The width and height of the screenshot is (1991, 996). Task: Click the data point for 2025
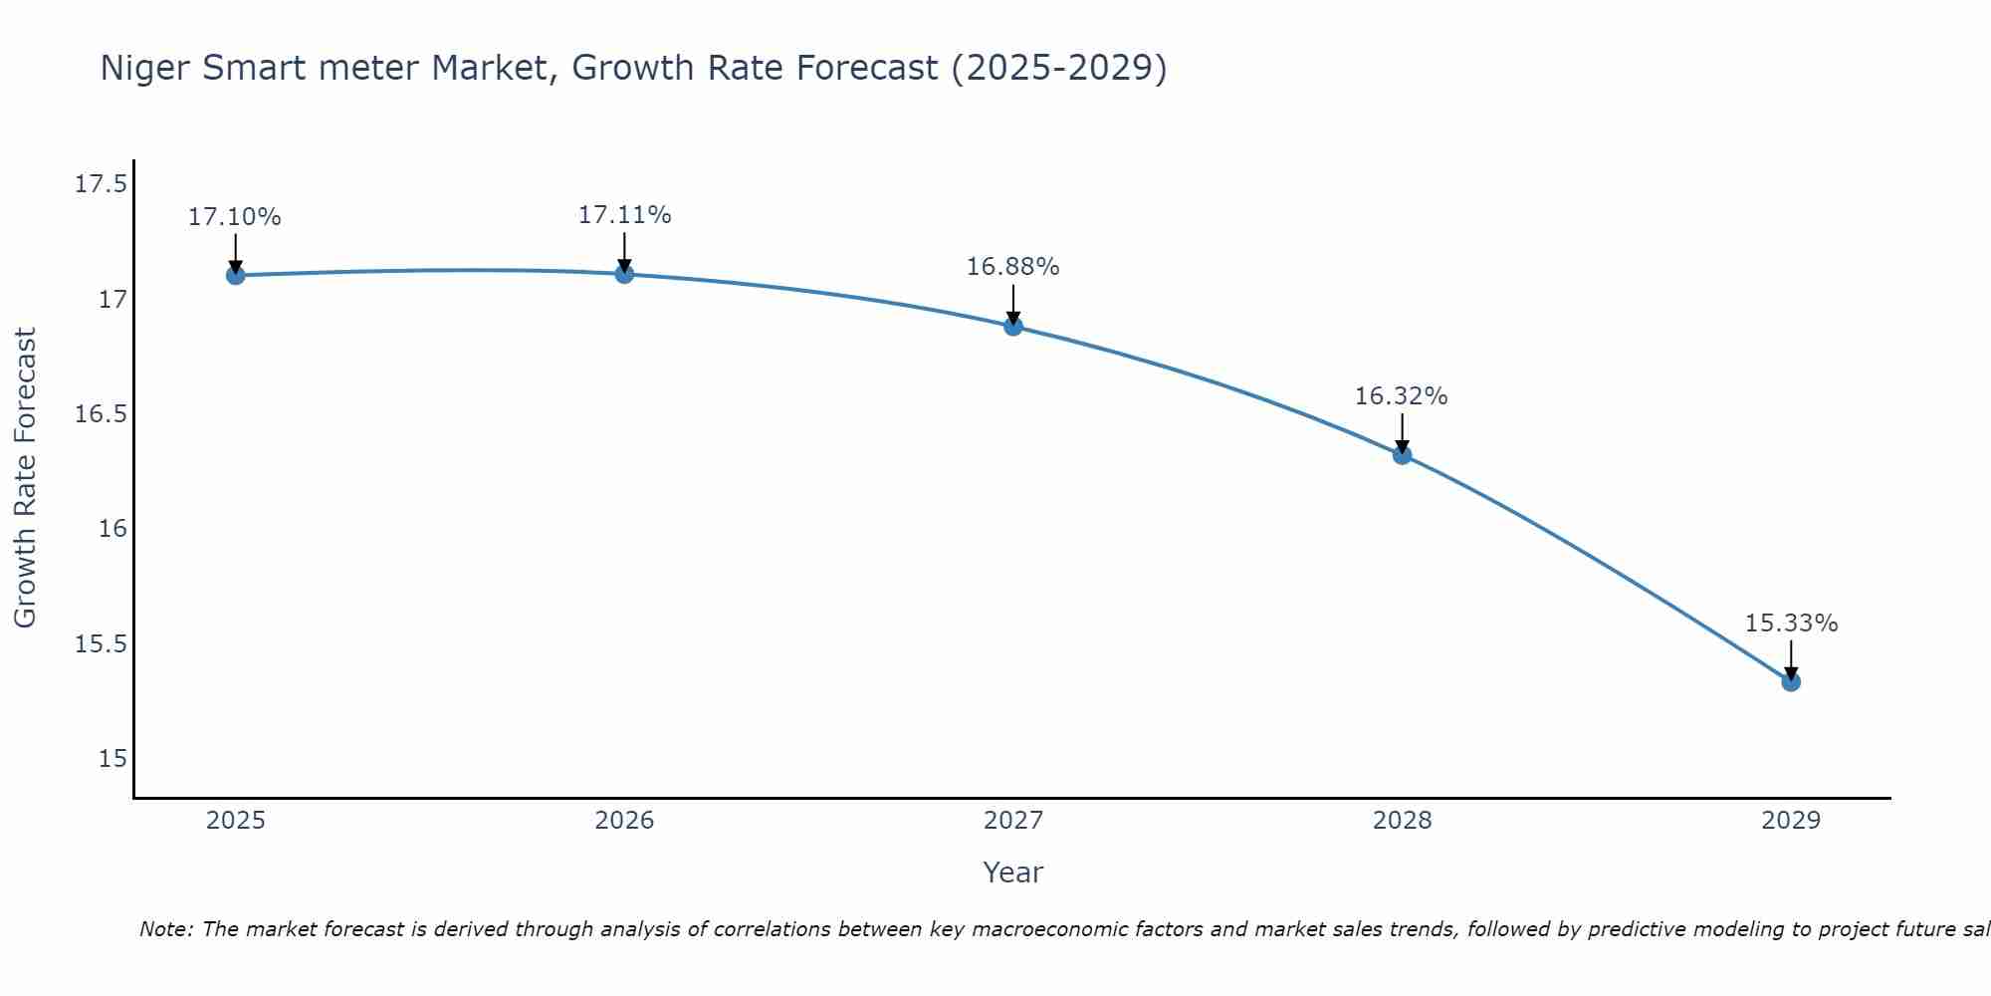[236, 275]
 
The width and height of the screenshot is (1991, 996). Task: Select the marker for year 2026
[624, 274]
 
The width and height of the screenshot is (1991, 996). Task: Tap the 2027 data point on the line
[1013, 326]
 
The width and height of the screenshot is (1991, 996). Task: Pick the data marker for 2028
[1402, 455]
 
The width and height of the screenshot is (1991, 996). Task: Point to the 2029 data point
[1791, 681]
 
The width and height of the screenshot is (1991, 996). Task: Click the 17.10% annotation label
[235, 217]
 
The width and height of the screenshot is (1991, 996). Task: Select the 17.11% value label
[624, 215]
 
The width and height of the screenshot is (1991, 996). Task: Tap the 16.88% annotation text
[1012, 267]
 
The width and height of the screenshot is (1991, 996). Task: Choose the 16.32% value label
[1401, 396]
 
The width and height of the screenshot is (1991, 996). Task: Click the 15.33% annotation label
[1791, 623]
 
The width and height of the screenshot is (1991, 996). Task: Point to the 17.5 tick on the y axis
[101, 184]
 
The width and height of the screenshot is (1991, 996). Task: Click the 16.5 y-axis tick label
[101, 414]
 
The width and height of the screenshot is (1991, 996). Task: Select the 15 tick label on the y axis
[112, 759]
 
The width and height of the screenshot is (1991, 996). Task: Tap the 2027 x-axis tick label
[1013, 821]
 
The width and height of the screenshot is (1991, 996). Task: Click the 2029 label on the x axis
[1791, 821]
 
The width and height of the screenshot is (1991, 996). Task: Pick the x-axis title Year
[1012, 872]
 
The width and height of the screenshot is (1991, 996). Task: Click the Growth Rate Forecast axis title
[25, 478]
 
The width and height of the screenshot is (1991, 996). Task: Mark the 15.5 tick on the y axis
[101, 644]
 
